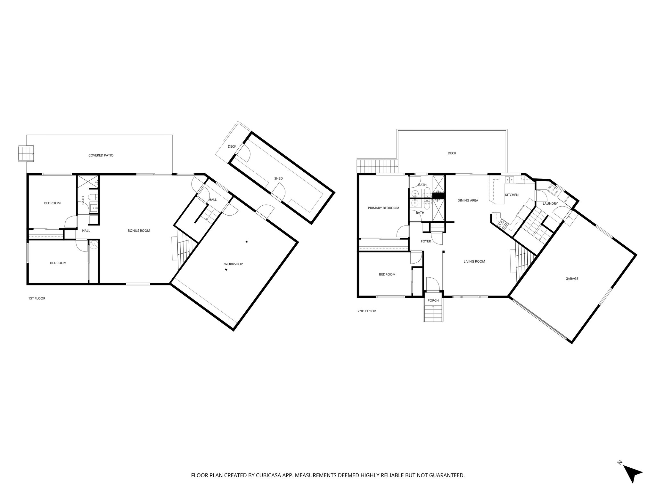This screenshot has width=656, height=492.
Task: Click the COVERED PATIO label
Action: pyautogui.click(x=101, y=155)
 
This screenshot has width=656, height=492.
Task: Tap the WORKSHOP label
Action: pyautogui.click(x=233, y=264)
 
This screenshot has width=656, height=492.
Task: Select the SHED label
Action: pyautogui.click(x=278, y=178)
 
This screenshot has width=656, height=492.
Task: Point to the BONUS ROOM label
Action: pyautogui.click(x=139, y=231)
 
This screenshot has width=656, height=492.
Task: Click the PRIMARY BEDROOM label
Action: pyautogui.click(x=383, y=208)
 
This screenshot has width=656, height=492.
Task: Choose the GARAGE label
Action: pyautogui.click(x=572, y=279)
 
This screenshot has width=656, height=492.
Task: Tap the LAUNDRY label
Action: pyautogui.click(x=550, y=203)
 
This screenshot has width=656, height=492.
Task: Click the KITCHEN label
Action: pyautogui.click(x=512, y=195)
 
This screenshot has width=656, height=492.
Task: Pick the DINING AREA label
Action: pyautogui.click(x=468, y=201)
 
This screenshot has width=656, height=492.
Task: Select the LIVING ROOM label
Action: pyautogui.click(x=474, y=261)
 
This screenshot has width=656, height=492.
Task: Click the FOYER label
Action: pyautogui.click(x=426, y=241)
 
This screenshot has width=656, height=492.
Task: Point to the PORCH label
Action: pyautogui.click(x=433, y=300)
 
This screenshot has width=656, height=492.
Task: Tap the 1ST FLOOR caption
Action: pyautogui.click(x=37, y=298)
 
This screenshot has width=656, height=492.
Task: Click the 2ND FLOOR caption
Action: pyautogui.click(x=366, y=311)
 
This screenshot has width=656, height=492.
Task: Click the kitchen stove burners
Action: pyautogui.click(x=502, y=224)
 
